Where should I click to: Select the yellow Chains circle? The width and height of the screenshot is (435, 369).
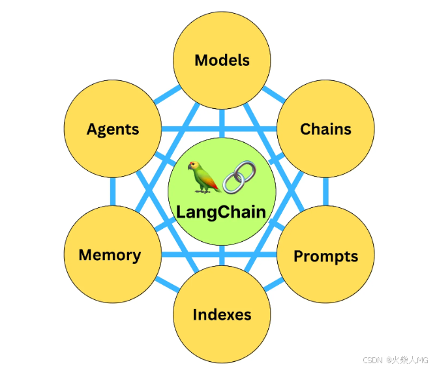tap(326, 128)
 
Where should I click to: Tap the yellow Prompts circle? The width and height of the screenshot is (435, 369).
tap(326, 256)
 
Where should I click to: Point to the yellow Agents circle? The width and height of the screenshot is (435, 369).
tap(113, 128)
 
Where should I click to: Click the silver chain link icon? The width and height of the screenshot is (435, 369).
tap(239, 177)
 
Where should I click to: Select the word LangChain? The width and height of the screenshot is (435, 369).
tap(222, 212)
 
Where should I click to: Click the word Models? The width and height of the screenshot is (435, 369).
tap(222, 61)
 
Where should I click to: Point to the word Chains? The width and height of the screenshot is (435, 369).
tap(326, 129)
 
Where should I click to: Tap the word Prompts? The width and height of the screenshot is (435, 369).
tap(326, 256)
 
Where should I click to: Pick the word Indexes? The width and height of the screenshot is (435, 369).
tap(222, 315)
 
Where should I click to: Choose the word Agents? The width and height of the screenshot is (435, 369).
tap(113, 129)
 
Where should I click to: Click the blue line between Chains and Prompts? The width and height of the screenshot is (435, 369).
tap(326, 191)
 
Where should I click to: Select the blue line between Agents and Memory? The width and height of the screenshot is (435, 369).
tap(113, 191)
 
